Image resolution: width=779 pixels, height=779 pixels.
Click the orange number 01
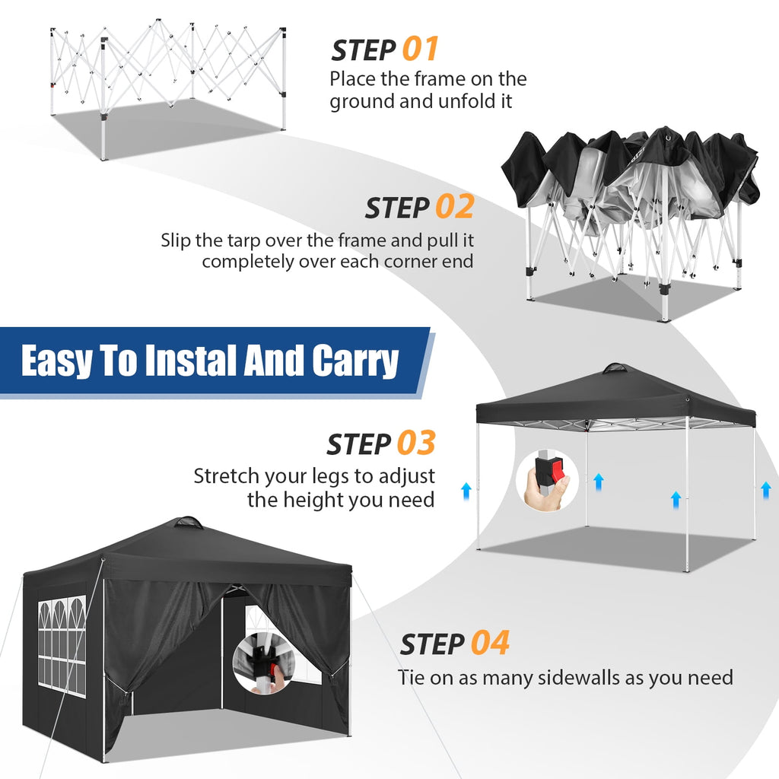pyautogui.click(x=421, y=49)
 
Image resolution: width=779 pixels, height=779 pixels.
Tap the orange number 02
pyautogui.click(x=454, y=207)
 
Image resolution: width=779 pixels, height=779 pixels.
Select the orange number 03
pyautogui.click(x=416, y=444)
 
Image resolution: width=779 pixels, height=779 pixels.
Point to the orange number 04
pyautogui.click(x=489, y=643)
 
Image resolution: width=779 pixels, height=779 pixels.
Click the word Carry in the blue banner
pyautogui.click(x=355, y=361)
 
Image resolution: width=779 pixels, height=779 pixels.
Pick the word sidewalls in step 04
pyautogui.click(x=591, y=677)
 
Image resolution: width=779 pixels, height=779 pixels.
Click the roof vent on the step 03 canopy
pyautogui.click(x=615, y=369)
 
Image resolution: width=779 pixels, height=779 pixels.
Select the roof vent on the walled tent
pyautogui.click(x=188, y=523)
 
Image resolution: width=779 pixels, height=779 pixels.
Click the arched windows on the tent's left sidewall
pyautogui.click(x=61, y=639)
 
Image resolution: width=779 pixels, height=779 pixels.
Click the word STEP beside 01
pyautogui.click(x=363, y=51)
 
